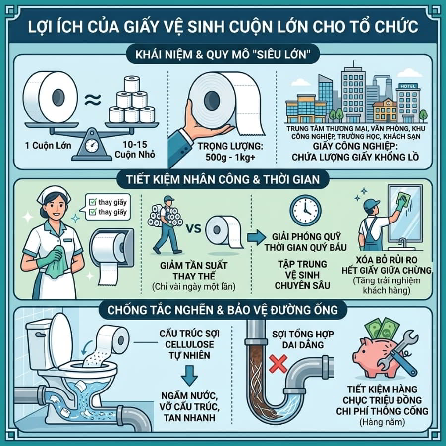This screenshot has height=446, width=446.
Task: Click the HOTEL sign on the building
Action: pos(408,86)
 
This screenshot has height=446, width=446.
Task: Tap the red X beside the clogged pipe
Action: pos(278,364)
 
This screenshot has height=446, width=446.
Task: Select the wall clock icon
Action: pos(305,211)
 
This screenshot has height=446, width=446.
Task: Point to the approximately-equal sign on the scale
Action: pos(93,100)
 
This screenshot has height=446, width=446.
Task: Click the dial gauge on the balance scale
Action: pos(92,145)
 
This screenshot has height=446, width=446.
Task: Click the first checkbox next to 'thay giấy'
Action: pos(93,202)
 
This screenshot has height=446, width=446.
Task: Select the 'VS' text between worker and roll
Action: pos(193,228)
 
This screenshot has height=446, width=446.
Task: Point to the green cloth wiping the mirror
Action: pos(403,199)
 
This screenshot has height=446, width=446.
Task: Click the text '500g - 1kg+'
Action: pos(230,157)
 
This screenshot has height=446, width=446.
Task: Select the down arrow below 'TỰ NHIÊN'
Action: pos(189,375)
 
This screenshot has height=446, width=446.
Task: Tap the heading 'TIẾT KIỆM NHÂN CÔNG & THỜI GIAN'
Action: pos(223,180)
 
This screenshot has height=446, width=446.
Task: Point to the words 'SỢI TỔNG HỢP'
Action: pos(303,334)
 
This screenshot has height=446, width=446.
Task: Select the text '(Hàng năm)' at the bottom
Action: pos(382,422)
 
